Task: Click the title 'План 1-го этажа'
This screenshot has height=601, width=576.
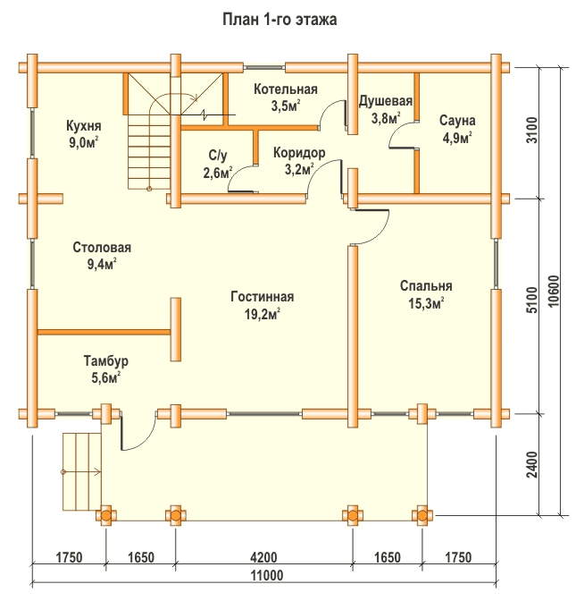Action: pyautogui.click(x=280, y=19)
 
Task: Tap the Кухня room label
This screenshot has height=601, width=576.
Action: pyautogui.click(x=83, y=126)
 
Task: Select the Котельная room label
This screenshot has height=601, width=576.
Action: pyautogui.click(x=286, y=89)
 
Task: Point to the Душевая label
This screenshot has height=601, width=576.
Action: pyautogui.click(x=386, y=101)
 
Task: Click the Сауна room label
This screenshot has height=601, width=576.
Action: pyautogui.click(x=457, y=121)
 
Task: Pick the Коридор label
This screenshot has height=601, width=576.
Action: pyautogui.click(x=299, y=153)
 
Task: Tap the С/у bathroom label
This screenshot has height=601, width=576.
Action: pyautogui.click(x=218, y=156)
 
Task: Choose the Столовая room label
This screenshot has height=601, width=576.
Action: pyautogui.click(x=102, y=247)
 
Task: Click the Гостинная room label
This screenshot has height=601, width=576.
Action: pyautogui.click(x=263, y=297)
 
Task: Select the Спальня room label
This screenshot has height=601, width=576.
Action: pyautogui.click(x=426, y=286)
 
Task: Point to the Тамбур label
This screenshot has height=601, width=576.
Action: pyautogui.click(x=106, y=361)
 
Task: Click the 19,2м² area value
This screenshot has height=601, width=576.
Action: pyautogui.click(x=263, y=314)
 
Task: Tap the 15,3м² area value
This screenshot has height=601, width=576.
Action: pyautogui.click(x=426, y=303)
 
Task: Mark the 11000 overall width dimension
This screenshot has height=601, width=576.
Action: pyautogui.click(x=267, y=575)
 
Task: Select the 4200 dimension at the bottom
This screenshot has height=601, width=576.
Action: pyautogui.click(x=263, y=557)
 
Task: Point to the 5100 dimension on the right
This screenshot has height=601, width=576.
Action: pyautogui.click(x=531, y=300)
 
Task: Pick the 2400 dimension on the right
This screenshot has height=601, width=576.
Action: pyautogui.click(x=532, y=464)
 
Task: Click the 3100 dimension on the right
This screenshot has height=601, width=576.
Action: pyautogui.click(x=531, y=130)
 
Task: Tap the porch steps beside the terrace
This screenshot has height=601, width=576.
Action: pyautogui.click(x=81, y=471)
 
